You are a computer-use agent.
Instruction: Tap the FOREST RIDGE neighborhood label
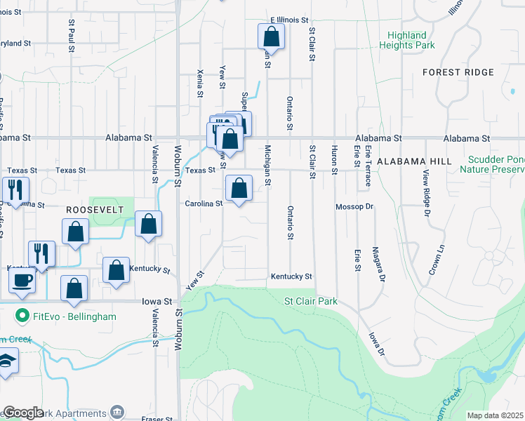pyautogui.click(x=458, y=72)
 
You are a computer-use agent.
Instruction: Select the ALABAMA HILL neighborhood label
pyautogui.click(x=414, y=161)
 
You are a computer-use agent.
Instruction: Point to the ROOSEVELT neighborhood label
pyautogui.click(x=95, y=210)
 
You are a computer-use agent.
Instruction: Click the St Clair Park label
pyautogui.click(x=310, y=302)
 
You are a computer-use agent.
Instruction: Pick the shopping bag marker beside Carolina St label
pyautogui.click(x=239, y=188)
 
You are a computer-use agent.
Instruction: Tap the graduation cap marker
pyautogui.click(x=7, y=362)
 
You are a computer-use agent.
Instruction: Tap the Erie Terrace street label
pyautogui.click(x=367, y=166)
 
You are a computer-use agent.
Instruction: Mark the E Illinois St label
pyautogui.click(x=289, y=21)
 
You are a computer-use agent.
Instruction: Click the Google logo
pyautogui.click(x=23, y=413)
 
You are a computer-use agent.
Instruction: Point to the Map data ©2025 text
pyautogui.click(x=496, y=415)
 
